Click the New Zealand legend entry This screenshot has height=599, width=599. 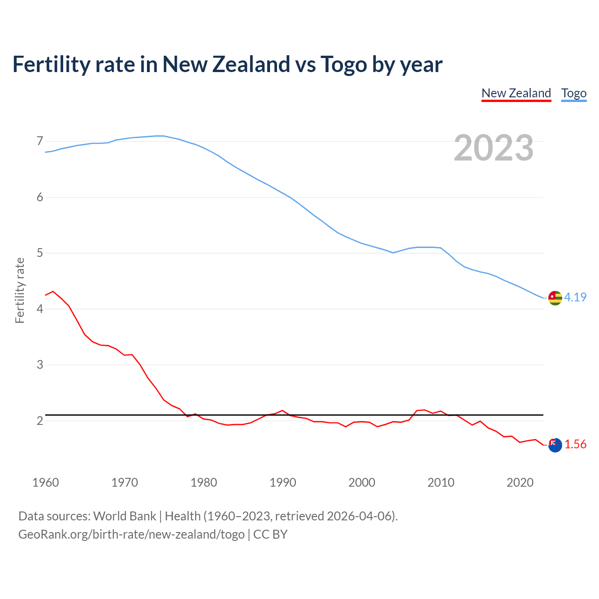(x=516, y=93)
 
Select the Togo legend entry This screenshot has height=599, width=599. (x=574, y=93)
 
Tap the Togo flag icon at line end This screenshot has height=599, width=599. (x=555, y=298)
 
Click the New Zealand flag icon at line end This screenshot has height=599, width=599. (x=555, y=445)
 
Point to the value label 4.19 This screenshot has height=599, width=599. (x=575, y=297)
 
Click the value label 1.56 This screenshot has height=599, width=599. (x=575, y=445)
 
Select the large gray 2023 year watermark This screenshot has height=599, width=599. (x=494, y=148)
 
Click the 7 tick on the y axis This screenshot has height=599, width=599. (x=40, y=141)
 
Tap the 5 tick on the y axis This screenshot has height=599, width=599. (x=40, y=253)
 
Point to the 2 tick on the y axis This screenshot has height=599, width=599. (x=40, y=421)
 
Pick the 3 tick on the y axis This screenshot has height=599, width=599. (x=40, y=365)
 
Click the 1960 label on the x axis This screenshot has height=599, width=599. (x=45, y=482)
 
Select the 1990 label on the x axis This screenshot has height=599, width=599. (x=283, y=482)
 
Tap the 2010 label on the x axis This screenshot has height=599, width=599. (x=441, y=482)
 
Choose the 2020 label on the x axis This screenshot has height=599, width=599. (x=520, y=482)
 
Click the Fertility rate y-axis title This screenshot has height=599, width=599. (x=20, y=290)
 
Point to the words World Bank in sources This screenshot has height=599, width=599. (x=124, y=516)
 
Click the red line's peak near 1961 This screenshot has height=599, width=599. (x=53, y=291)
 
